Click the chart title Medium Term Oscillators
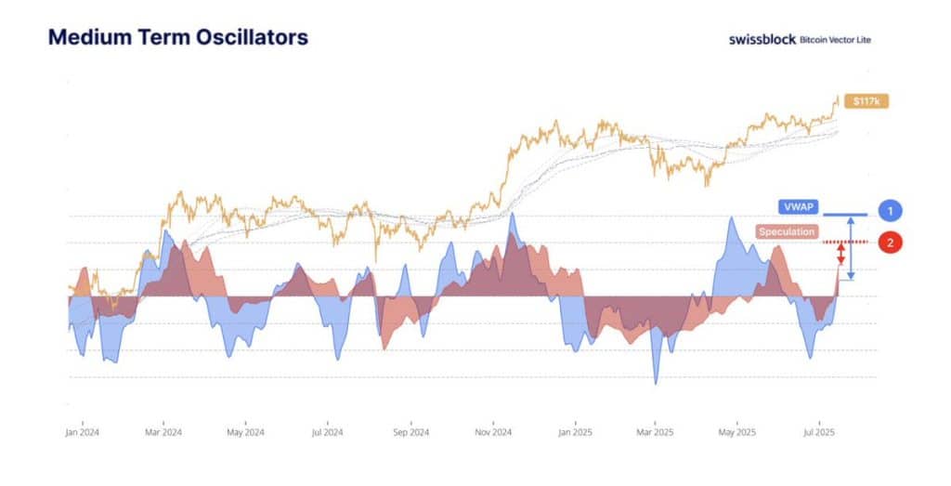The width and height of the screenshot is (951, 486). click(x=177, y=38)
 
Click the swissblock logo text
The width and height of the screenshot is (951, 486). click(x=762, y=40)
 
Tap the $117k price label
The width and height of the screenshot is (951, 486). click(x=865, y=100)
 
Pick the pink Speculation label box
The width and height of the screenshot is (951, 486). click(x=786, y=231)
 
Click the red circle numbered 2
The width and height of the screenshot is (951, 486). click(x=890, y=243)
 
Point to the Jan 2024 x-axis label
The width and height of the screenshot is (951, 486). click(x=83, y=432)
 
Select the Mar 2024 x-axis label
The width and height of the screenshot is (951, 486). click(x=163, y=432)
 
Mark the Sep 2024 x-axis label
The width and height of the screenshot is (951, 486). click(x=411, y=432)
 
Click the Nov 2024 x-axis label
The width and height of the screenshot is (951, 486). click(x=494, y=432)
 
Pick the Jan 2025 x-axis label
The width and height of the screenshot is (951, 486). click(x=576, y=432)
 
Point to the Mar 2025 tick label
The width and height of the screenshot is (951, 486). click(x=657, y=432)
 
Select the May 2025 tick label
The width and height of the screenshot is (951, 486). click(x=739, y=432)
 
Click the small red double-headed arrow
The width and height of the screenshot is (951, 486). click(x=841, y=254)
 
